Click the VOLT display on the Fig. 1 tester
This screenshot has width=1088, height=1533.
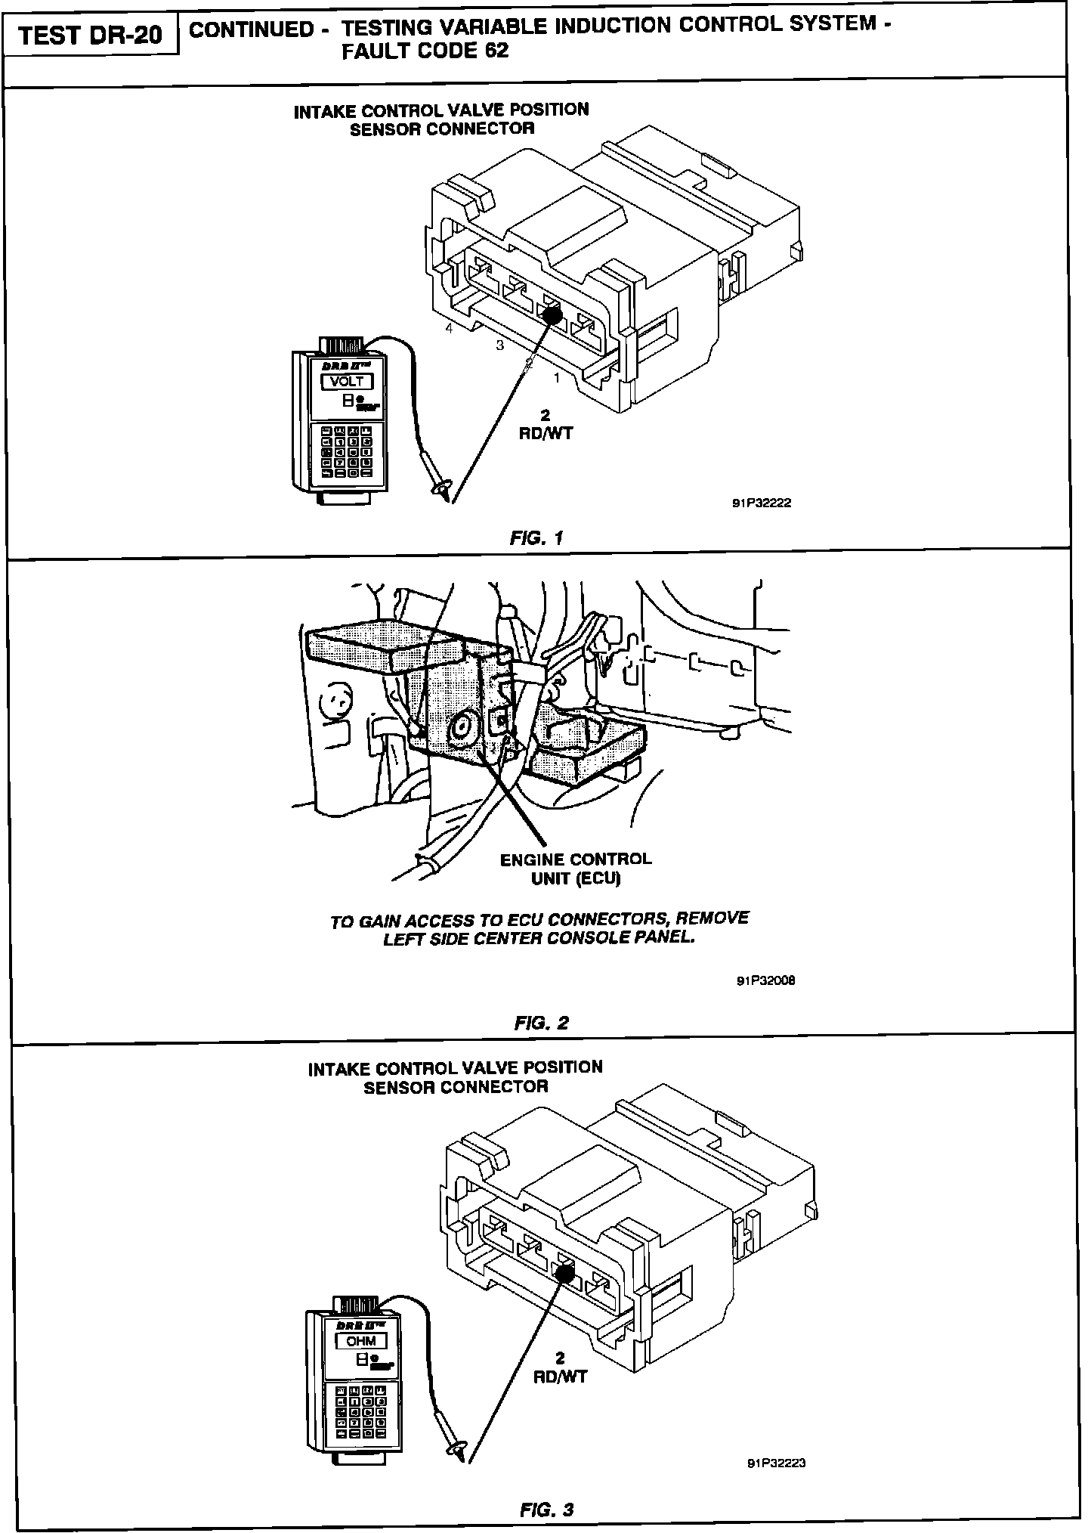pos(348,381)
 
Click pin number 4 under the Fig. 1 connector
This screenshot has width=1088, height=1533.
pos(449,329)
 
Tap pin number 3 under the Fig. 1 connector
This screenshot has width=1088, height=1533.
pos(499,345)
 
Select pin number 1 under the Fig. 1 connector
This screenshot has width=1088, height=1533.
pos(557,378)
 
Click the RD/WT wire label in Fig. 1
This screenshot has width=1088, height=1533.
pos(546,434)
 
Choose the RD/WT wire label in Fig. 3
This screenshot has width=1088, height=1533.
pos(560,1377)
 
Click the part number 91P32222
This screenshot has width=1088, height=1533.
pos(761,503)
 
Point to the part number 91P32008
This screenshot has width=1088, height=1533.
pos(765,981)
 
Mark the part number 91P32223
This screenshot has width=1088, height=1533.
pos(776,1463)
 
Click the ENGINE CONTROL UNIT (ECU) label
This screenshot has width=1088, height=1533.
pos(575,869)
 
